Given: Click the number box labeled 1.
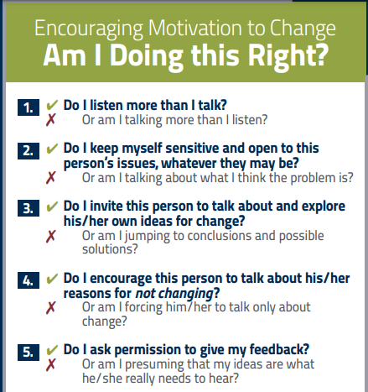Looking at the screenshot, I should [29, 107].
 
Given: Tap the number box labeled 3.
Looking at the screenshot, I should [29, 206].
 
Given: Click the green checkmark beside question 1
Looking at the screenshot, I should [52, 106].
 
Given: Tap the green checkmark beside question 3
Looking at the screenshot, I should [52, 206].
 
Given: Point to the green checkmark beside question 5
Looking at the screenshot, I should [52, 350].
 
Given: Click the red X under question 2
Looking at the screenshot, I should [51, 178].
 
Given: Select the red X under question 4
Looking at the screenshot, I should [51, 307].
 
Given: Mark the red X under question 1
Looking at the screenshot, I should [51, 121].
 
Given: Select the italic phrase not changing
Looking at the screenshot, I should [179, 293].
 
